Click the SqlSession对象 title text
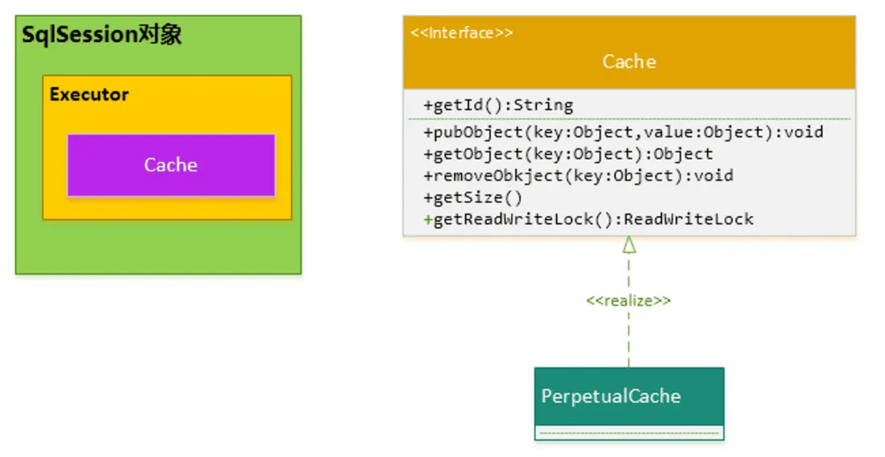pyautogui.click(x=102, y=35)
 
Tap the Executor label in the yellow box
pyautogui.click(x=89, y=94)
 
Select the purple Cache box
pyautogui.click(x=171, y=165)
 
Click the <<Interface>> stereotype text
pyautogui.click(x=461, y=33)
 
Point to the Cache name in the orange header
pyautogui.click(x=629, y=62)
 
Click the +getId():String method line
pyautogui.click(x=498, y=105)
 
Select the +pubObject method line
pyautogui.click(x=623, y=131)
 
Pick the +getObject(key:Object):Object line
pyautogui.click(x=568, y=153)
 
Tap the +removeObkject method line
pyautogui.click(x=578, y=175)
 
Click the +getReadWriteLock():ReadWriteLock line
pyautogui.click(x=588, y=218)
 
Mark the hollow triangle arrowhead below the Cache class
pyautogui.click(x=629, y=245)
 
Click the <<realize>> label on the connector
pyautogui.click(x=629, y=300)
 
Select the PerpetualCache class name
pyautogui.click(x=611, y=396)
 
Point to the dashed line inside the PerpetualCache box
pyautogui.click(x=629, y=433)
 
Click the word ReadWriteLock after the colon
pyautogui.click(x=689, y=218)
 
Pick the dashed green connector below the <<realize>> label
pyautogui.click(x=629, y=339)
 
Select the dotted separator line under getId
pyautogui.click(x=629, y=118)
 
